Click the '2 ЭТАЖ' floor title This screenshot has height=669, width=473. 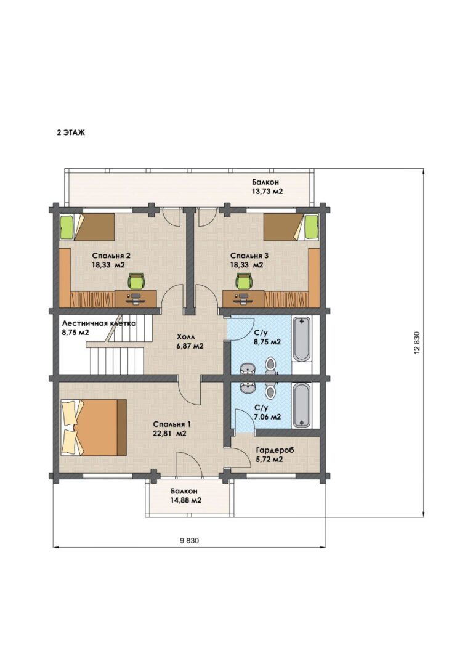pos(71,132)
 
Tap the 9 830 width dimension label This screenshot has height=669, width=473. pos(190,541)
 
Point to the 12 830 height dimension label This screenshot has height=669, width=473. pos(417,342)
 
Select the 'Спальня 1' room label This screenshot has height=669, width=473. pos(172,424)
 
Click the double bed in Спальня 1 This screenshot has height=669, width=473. pos(94,427)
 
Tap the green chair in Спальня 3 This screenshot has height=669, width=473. pos(244,282)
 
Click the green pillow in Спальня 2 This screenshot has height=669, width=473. pos(67,227)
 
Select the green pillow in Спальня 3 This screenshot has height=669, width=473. pos(312,227)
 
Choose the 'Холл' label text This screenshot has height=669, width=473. pos(185,336)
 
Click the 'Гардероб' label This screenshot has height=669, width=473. pos(275,450)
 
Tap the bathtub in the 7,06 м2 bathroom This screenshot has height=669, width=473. pos(302,405)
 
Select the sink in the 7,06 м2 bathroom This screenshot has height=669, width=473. pos(248,388)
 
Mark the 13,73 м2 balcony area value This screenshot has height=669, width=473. pos(267,192)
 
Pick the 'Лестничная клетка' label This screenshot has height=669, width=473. pos(99,323)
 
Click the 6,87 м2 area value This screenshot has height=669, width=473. pos(190,346)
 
